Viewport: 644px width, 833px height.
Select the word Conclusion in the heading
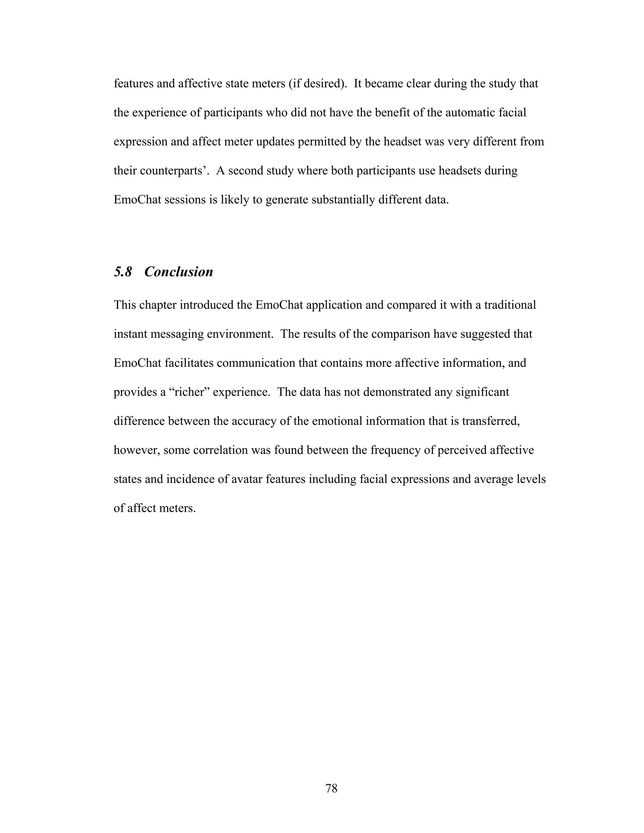tap(179, 272)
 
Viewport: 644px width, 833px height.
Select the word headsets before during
tap(460, 170)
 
